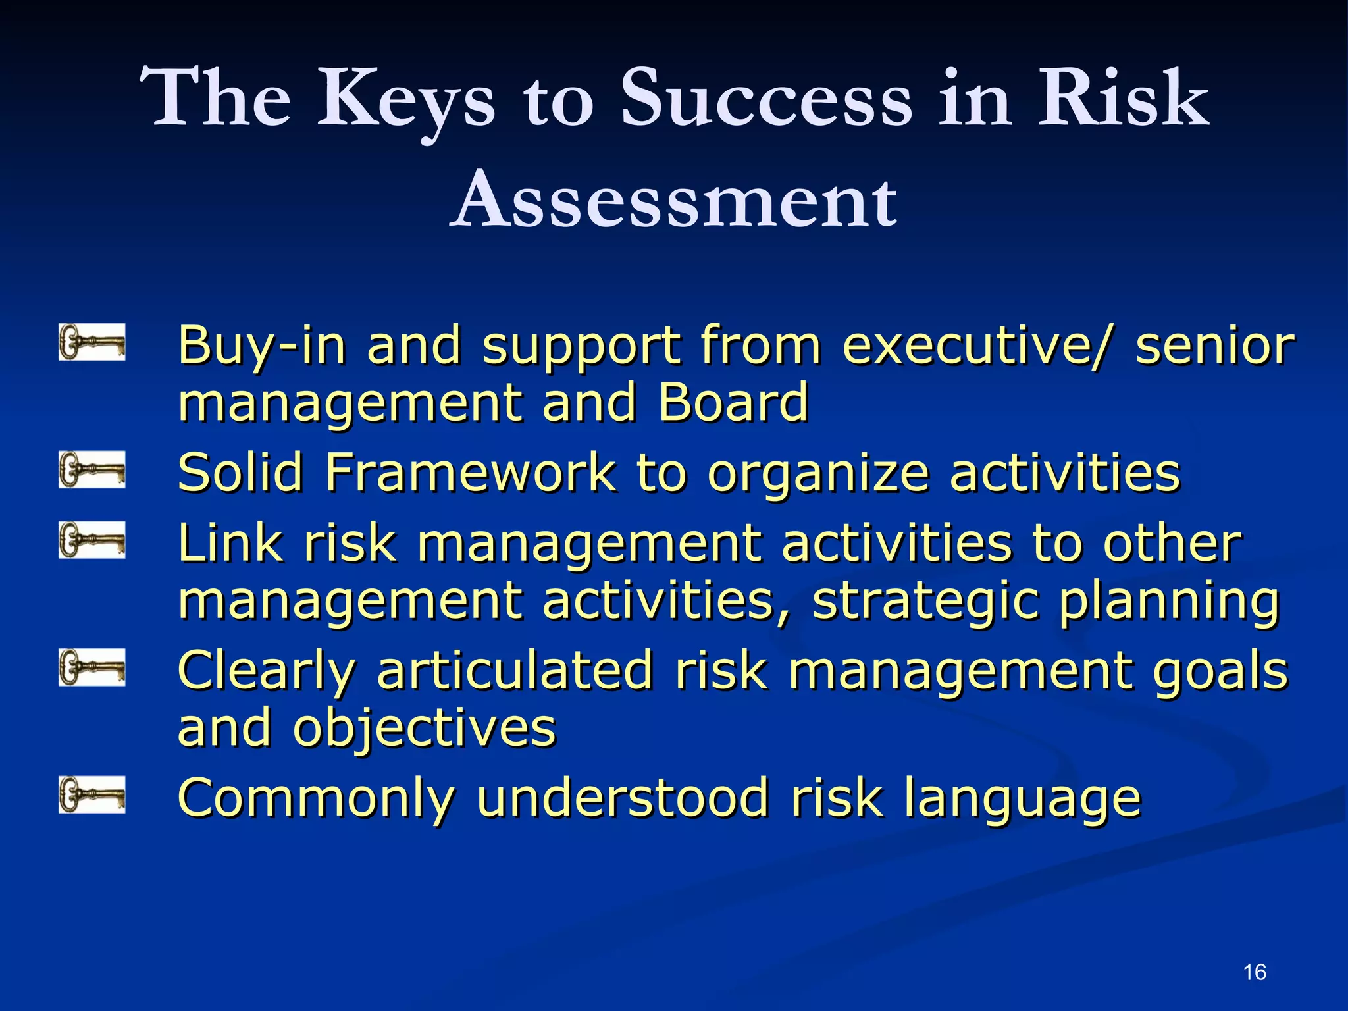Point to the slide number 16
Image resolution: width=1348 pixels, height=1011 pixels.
pyautogui.click(x=1255, y=972)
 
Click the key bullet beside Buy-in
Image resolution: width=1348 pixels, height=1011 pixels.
pyautogui.click(x=91, y=341)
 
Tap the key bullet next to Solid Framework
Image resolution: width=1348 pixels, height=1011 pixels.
pyautogui.click(x=91, y=469)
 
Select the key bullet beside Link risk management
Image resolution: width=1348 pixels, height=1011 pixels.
pyautogui.click(x=91, y=540)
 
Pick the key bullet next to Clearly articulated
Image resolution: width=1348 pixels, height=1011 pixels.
pyautogui.click(x=91, y=667)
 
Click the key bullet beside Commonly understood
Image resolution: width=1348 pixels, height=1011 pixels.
pyautogui.click(x=91, y=794)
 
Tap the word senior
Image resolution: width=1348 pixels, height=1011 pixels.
pyautogui.click(x=1215, y=346)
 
